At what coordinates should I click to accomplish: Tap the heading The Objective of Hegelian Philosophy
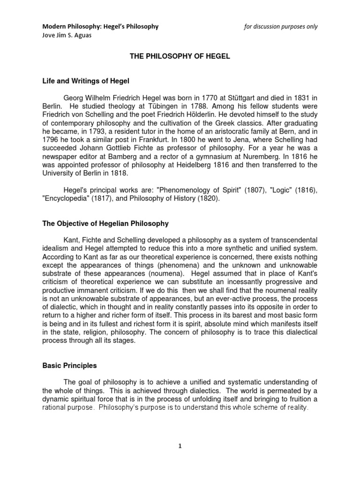(x=105, y=224)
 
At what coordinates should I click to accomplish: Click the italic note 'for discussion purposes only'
(x=281, y=26)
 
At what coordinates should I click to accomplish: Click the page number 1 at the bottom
(x=180, y=446)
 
